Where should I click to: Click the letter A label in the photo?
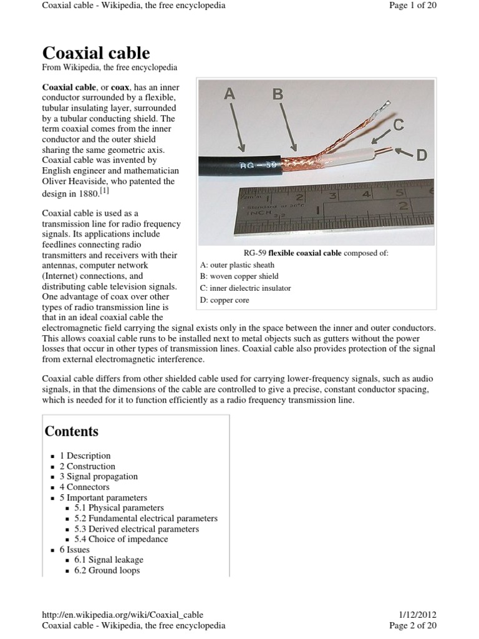click(230, 94)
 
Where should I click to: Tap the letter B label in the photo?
click(278, 94)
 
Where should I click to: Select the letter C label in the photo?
click(397, 126)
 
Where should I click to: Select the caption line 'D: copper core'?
click(224, 300)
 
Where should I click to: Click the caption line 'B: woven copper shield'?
click(239, 276)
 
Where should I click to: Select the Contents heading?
click(71, 431)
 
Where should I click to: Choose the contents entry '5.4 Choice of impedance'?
click(121, 539)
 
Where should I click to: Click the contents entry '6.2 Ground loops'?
click(107, 570)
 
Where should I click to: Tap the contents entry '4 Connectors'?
click(84, 487)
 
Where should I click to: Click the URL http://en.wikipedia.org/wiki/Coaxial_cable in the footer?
click(122, 615)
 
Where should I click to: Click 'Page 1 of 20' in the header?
click(414, 6)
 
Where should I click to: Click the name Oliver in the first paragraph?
click(56, 182)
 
